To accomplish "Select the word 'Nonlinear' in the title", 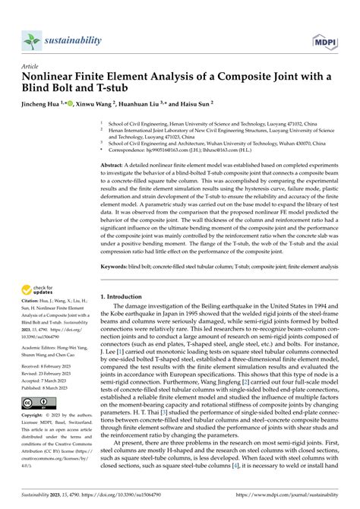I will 58,78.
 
